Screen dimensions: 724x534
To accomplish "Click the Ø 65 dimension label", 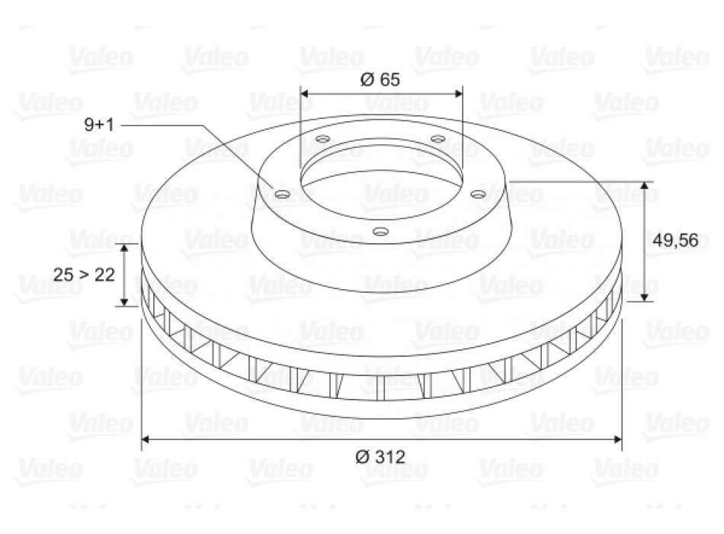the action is [x=380, y=79].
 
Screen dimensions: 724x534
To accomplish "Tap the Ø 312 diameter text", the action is [x=380, y=457].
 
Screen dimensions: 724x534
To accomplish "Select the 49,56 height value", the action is [x=675, y=240].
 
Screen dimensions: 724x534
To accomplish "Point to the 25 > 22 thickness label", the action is [x=84, y=275].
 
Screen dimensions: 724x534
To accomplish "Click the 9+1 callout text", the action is [x=99, y=124].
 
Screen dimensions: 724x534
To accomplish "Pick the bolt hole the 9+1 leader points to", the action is [x=281, y=194].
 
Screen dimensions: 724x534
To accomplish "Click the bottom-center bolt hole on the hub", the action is [x=380, y=230].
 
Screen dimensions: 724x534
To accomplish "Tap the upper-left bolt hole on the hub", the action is [x=323, y=138].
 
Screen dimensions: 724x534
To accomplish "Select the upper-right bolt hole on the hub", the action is [x=437, y=138].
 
